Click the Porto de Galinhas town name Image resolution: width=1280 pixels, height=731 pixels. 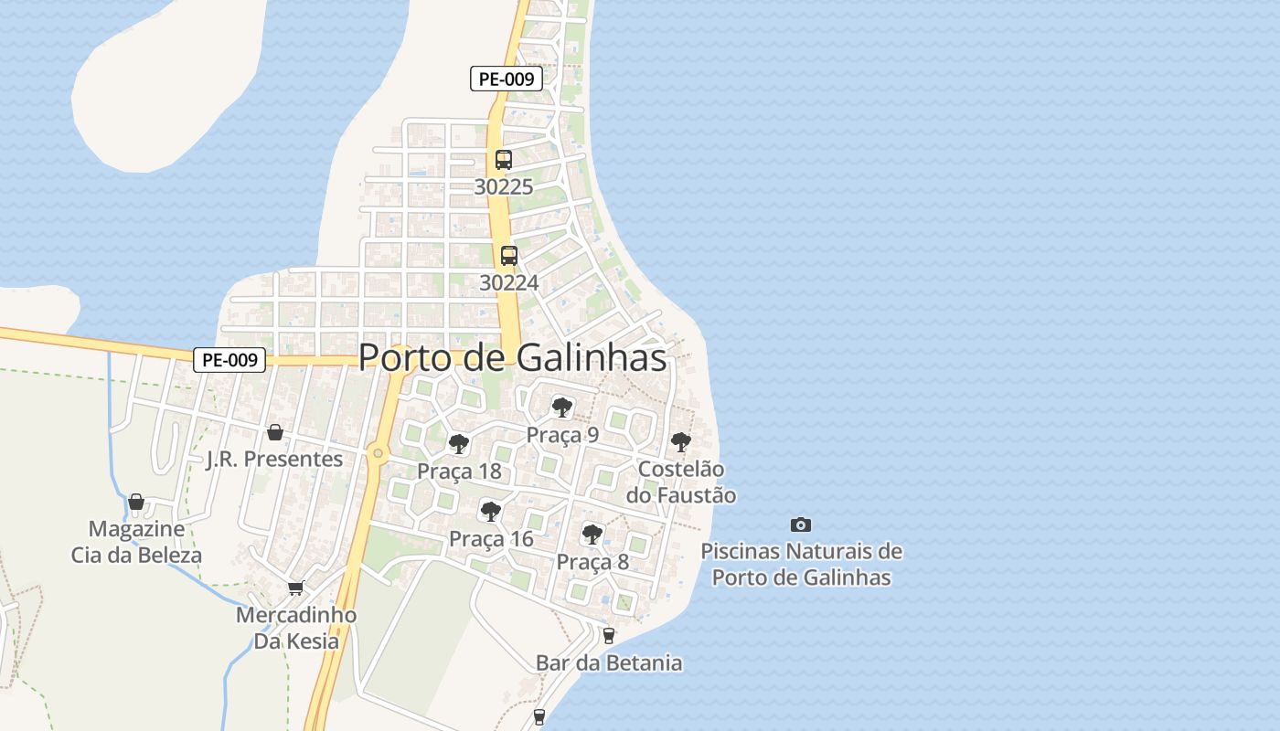512,357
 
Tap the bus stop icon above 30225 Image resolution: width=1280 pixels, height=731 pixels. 503,160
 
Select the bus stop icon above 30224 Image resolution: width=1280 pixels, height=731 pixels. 509,256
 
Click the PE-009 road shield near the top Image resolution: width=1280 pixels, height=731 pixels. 507,79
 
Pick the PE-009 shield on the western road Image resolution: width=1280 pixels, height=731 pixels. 229,360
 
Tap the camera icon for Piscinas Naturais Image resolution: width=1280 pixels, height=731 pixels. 801,524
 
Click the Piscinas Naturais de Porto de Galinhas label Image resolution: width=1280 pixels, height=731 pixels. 801,565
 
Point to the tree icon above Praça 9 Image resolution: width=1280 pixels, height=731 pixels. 561,407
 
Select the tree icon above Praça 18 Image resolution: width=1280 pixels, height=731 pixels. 459,444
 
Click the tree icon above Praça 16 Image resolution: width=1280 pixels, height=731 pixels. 491,511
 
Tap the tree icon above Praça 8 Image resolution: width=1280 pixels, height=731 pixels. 592,534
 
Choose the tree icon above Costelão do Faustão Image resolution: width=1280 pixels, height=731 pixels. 681,442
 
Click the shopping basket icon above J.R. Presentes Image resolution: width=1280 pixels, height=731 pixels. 274,432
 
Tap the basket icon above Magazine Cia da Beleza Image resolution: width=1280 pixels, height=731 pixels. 136,502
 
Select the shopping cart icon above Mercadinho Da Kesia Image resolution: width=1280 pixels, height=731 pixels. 295,588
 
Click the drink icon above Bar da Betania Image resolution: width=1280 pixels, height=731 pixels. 609,635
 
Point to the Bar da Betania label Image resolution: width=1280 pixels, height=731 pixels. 609,662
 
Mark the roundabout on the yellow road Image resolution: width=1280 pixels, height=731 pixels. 378,452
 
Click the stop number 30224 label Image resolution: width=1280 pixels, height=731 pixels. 509,283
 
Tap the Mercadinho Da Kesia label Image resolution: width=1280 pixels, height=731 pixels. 296,628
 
